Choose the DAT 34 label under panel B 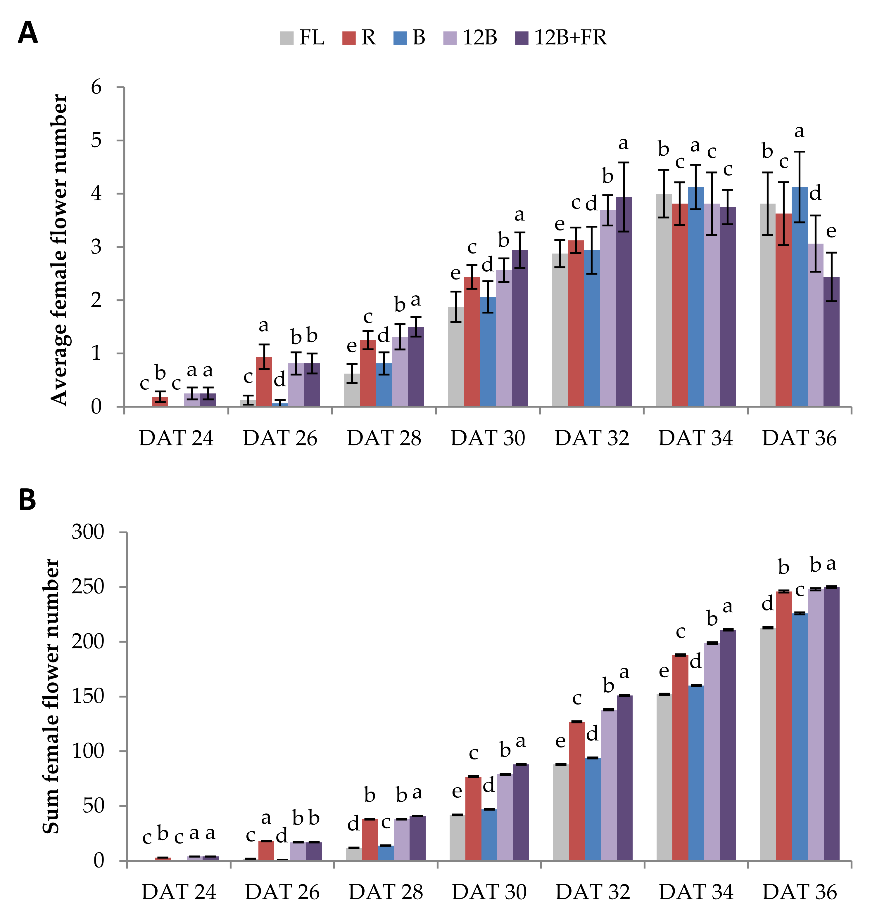(696, 892)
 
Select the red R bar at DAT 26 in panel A (264, 382)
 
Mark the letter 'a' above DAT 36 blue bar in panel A (800, 132)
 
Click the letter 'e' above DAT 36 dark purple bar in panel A (831, 231)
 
